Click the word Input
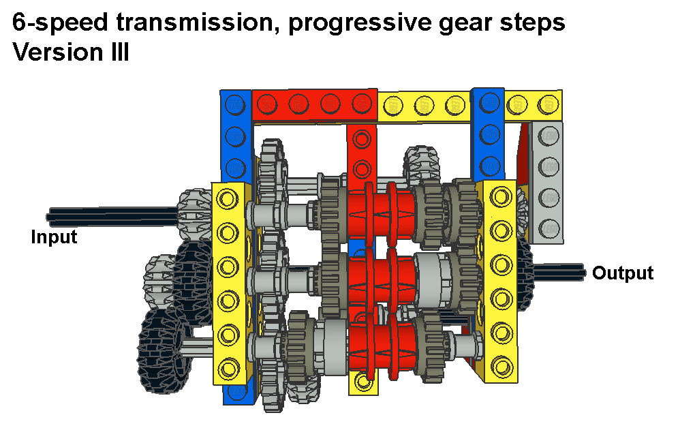click(x=55, y=237)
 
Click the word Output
click(x=623, y=273)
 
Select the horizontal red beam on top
click(x=314, y=104)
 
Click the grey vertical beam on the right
click(x=548, y=181)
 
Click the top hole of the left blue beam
click(x=235, y=104)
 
